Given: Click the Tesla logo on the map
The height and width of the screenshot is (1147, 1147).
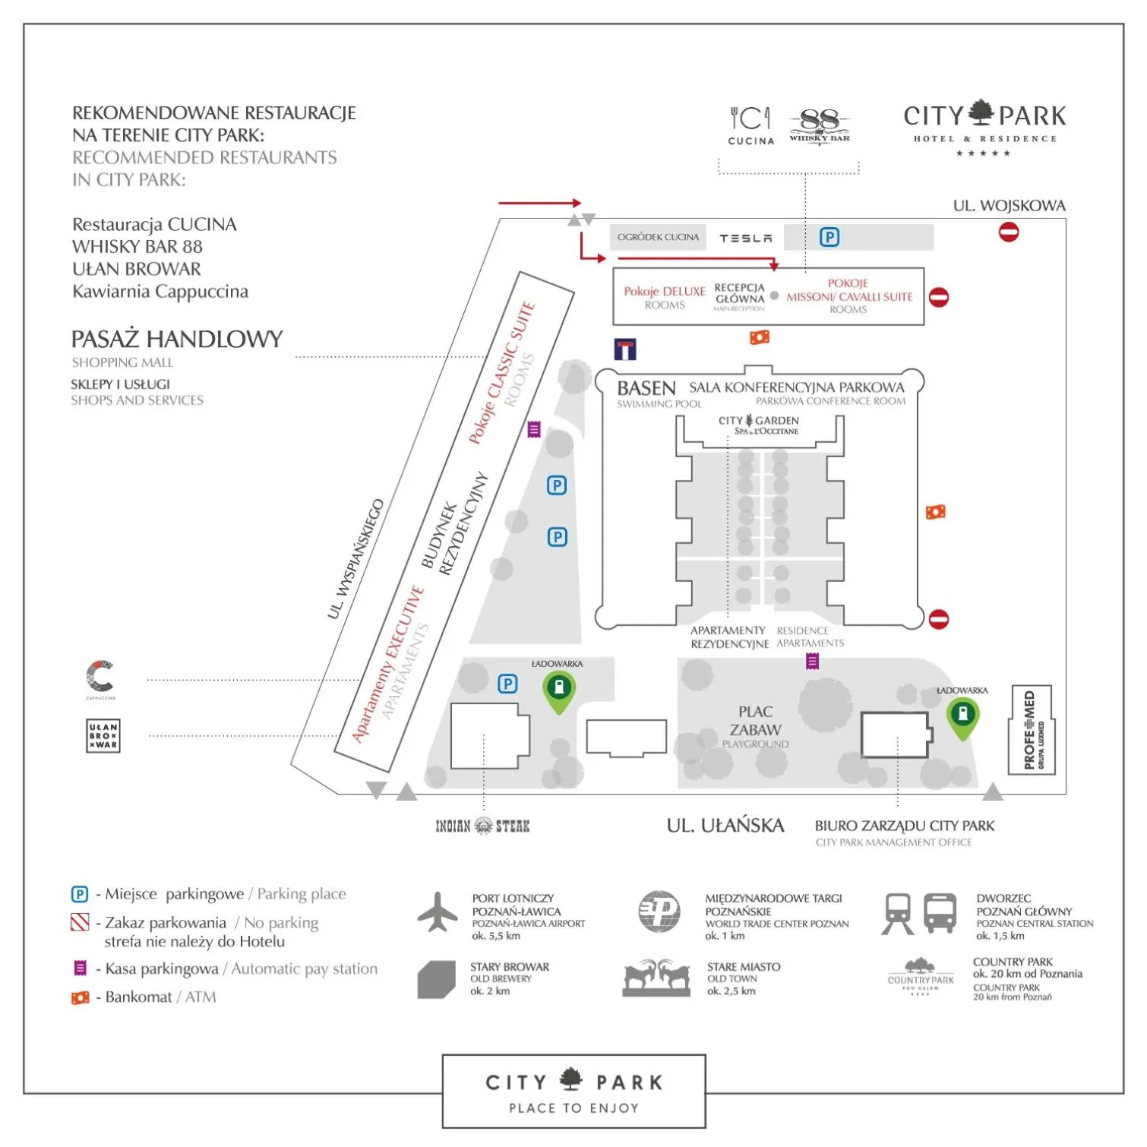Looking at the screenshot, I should [x=745, y=239].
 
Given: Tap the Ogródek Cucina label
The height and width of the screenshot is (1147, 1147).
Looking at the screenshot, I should [x=658, y=238].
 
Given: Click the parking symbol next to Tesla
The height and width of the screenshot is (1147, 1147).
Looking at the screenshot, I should [x=829, y=238].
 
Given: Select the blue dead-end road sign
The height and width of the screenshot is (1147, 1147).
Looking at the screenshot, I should [x=625, y=349].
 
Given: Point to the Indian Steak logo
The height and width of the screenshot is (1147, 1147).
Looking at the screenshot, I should [x=482, y=826].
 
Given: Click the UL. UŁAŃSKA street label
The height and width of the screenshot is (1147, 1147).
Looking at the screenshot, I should [x=725, y=826].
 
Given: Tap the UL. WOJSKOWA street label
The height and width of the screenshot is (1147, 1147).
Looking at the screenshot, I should [x=1009, y=206].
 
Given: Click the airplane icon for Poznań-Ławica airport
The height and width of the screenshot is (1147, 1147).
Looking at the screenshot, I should [x=438, y=912].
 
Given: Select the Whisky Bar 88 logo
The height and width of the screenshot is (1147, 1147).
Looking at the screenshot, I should [x=820, y=125].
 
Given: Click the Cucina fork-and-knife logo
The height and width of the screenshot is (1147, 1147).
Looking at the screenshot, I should [x=750, y=124].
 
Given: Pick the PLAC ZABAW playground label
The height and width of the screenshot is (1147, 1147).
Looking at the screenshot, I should [x=756, y=721].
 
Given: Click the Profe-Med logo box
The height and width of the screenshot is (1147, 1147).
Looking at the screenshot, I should [x=1031, y=730].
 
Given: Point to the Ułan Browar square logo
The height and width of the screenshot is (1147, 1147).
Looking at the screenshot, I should [x=103, y=735].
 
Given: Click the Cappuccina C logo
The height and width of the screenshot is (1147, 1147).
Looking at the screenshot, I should [x=100, y=677].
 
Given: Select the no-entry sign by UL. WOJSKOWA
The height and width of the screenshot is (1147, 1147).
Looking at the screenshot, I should [x=1009, y=232].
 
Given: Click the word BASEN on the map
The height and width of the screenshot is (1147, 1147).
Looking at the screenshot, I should [x=646, y=388].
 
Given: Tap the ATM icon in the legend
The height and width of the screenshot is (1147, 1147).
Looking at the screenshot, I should [x=80, y=997].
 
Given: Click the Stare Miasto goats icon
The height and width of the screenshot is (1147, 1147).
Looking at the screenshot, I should [x=657, y=978].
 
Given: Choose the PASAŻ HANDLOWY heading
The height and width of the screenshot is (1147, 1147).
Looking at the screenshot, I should [x=177, y=339].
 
